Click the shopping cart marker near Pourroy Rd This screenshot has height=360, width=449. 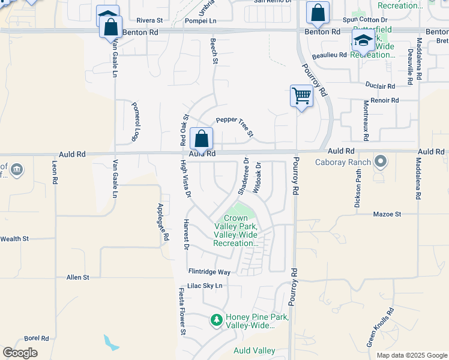click(x=301, y=95)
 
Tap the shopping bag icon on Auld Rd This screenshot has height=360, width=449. click(x=202, y=139)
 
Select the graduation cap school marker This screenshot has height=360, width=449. click(x=363, y=40)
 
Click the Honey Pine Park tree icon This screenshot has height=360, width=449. click(x=217, y=321)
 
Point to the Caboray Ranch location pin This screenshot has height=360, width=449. click(x=380, y=161)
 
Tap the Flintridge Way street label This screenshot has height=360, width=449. click(x=209, y=272)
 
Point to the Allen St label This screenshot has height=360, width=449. click(x=78, y=277)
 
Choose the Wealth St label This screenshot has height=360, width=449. click(x=14, y=239)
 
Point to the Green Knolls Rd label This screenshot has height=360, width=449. click(x=380, y=328)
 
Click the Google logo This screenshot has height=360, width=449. click(x=20, y=353)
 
